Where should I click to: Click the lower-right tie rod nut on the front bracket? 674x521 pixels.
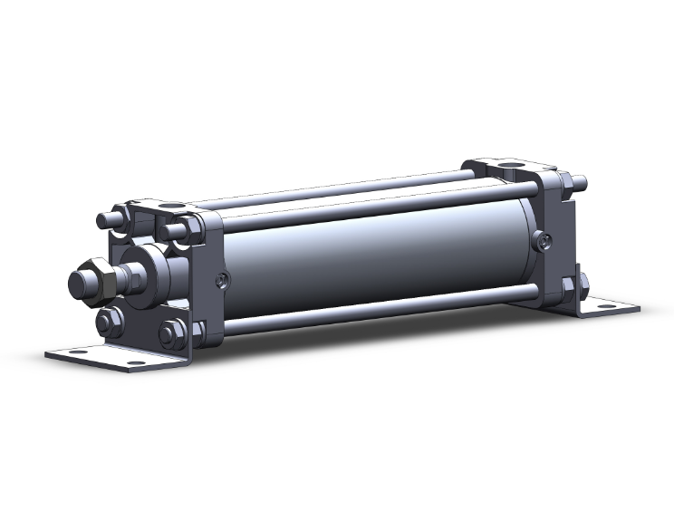pos(171,334)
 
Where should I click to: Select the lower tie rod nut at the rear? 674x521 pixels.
pos(569,288)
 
